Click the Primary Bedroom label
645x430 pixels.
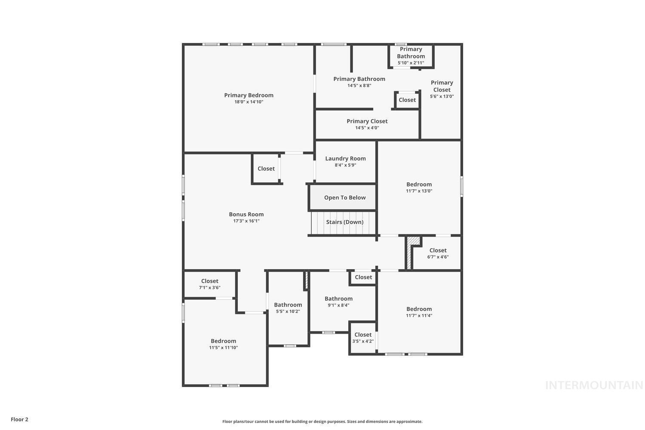point(249,95)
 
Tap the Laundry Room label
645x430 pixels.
point(345,159)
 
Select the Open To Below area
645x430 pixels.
point(344,198)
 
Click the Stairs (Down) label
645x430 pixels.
point(344,222)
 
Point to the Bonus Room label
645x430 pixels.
point(246,215)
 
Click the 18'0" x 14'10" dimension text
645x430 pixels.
point(249,102)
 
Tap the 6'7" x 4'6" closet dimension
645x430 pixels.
point(438,257)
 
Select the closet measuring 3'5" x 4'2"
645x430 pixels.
point(363,338)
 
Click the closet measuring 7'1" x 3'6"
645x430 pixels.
point(209,284)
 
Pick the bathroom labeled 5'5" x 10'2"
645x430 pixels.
point(288,308)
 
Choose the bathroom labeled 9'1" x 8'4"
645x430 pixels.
point(338,301)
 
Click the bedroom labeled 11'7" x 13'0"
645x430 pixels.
point(419,187)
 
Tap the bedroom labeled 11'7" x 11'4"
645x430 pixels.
point(419,312)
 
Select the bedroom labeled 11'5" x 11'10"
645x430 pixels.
point(223,344)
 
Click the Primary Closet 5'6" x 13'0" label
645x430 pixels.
point(442,89)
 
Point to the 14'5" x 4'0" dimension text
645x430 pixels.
point(367,128)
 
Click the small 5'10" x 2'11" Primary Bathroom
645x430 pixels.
point(411,56)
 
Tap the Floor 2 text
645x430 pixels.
point(19,419)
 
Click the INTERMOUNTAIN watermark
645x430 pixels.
point(594,385)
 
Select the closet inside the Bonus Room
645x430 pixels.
point(266,169)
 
